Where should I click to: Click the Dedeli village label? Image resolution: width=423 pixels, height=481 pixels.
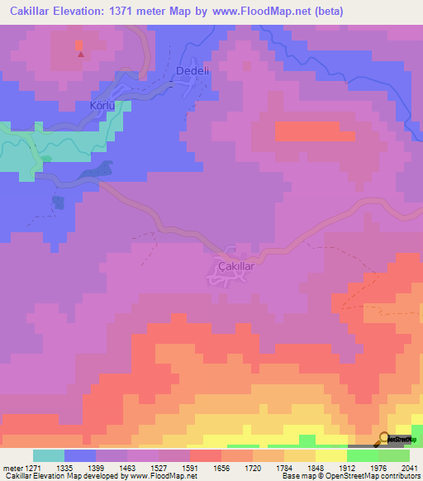coord(189,72)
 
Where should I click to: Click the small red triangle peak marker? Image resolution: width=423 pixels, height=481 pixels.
coord(80,55)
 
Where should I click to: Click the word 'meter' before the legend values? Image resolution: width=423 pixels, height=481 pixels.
coord(12,467)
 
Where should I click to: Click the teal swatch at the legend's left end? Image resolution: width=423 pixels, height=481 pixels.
coord(49,455)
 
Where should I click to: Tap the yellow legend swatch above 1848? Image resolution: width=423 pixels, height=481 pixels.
coord(330,455)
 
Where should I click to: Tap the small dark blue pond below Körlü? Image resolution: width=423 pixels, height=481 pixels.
coord(58,202)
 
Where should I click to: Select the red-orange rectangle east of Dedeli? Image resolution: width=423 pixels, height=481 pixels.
coord(314,131)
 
